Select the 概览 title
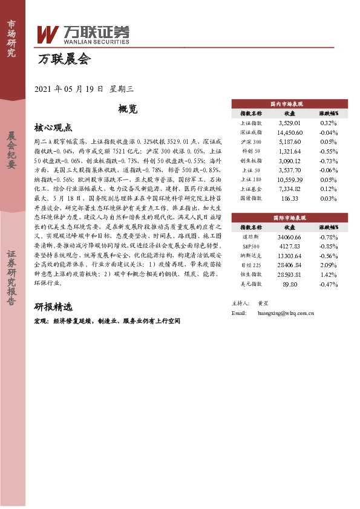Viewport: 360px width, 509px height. (x=128, y=109)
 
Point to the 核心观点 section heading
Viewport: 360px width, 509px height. (x=53, y=128)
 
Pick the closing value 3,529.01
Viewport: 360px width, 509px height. (x=289, y=122)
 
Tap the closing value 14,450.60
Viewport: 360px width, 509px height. (x=289, y=131)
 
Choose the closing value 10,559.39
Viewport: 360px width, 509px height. (x=289, y=180)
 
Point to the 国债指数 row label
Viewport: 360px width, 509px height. (x=251, y=198)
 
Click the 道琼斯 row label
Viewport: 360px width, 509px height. (x=251, y=236)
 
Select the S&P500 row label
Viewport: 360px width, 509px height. (x=251, y=245)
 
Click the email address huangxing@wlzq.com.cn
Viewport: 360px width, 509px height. (x=286, y=314)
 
